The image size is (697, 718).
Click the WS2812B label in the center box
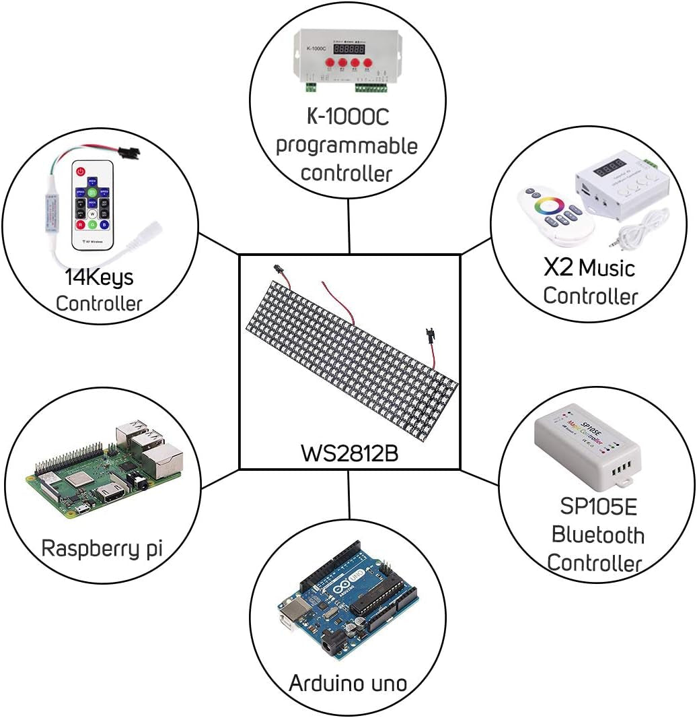tap(349, 453)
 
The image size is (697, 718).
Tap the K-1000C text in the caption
tap(348, 117)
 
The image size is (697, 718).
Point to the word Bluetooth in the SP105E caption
tap(597, 535)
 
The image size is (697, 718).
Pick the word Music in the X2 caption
tap(607, 268)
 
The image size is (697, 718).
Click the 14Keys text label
tap(99, 277)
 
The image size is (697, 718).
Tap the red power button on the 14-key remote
tap(81, 172)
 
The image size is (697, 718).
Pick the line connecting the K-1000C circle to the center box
tap(349, 226)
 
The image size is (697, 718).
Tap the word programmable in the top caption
tap(347, 145)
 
